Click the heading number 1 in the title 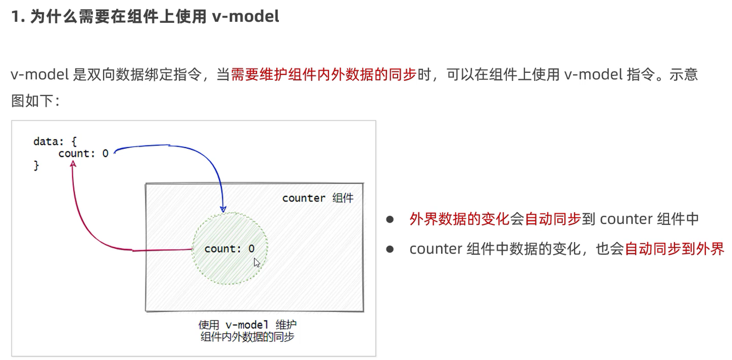[x=16, y=16]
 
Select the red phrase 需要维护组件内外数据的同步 [x=323, y=74]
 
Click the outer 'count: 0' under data [x=84, y=154]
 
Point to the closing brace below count [x=36, y=166]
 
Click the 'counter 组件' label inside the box [x=317, y=198]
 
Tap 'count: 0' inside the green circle [x=229, y=249]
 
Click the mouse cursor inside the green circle [x=257, y=263]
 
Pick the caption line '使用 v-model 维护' [x=247, y=325]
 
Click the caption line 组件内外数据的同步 [x=247, y=337]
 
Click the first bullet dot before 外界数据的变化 [x=389, y=219]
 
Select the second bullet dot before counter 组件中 [x=389, y=249]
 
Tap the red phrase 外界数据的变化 [x=459, y=219]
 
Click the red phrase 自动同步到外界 [x=674, y=249]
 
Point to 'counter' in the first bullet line [x=626, y=219]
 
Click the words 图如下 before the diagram [x=32, y=101]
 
